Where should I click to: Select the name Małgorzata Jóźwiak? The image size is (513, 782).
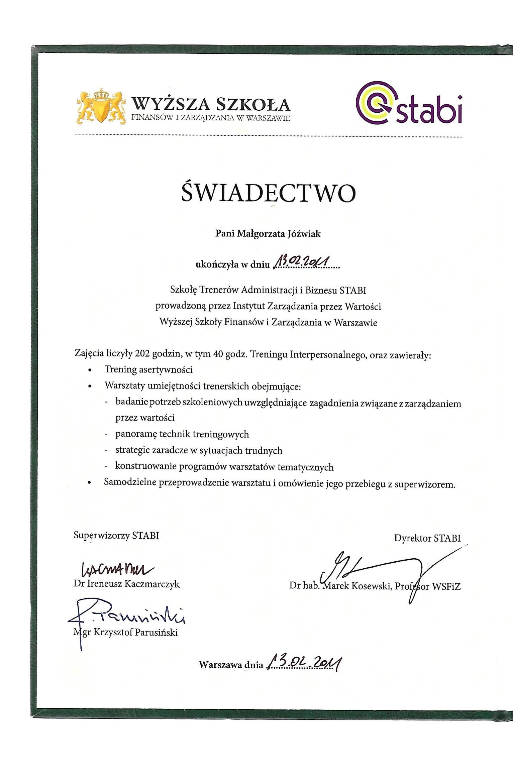[x=279, y=234]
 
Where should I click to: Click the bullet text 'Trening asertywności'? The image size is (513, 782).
[x=148, y=369]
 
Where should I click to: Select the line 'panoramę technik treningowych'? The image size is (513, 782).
[x=182, y=434]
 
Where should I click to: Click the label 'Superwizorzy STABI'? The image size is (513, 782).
[x=116, y=535]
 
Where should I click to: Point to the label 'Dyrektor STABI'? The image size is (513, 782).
[x=427, y=538]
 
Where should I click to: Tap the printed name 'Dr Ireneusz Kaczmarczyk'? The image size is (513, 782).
[x=127, y=584]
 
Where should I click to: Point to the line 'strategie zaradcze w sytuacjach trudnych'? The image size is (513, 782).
[x=199, y=450]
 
